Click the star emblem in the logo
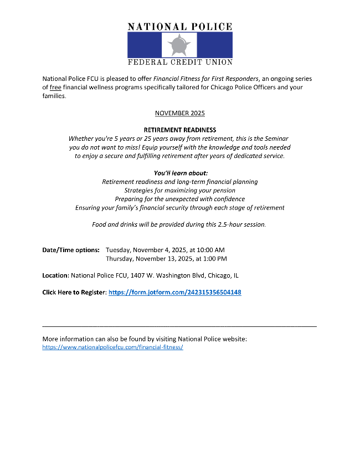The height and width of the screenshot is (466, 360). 179,44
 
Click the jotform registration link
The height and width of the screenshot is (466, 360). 174,292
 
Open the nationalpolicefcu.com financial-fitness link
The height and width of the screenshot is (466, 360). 112,347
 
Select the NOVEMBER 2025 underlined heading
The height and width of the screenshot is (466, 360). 179,113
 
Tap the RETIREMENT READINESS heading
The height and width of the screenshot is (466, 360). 179,130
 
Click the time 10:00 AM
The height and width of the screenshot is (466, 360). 210,250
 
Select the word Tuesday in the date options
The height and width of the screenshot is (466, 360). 118,250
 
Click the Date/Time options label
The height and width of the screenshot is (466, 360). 71,250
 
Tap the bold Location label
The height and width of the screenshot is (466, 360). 55,275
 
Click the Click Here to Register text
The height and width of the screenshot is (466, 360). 74,292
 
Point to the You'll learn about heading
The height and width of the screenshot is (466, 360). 181,173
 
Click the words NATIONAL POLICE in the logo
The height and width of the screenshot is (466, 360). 180,27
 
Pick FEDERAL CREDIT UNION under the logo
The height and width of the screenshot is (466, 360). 180,62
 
